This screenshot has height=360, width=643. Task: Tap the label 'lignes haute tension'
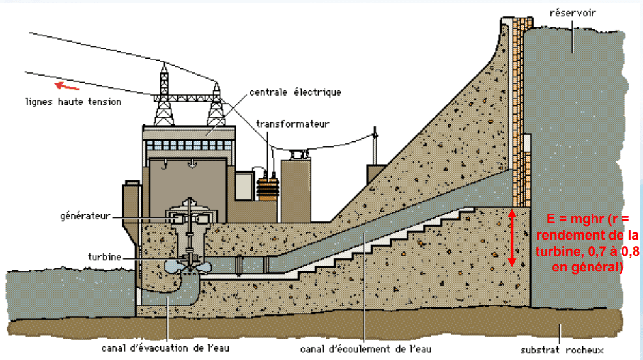73,102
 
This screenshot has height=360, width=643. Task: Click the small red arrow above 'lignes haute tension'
67,85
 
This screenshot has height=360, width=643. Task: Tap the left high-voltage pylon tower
164,95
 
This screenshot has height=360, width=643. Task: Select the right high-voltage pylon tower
216,104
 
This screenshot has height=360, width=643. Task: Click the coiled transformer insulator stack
267,186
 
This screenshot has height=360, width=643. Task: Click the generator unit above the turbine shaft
188,217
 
